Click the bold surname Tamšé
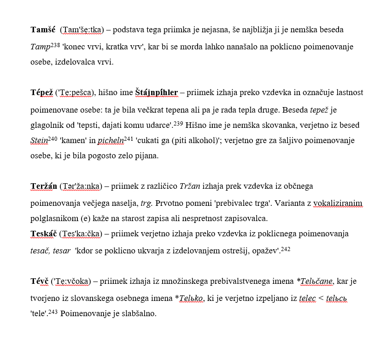[x=43, y=30]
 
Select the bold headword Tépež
[x=41, y=93]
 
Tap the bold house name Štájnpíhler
[x=156, y=93]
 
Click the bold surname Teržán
[x=43, y=186]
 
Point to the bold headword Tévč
[x=40, y=281]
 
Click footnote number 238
[x=55, y=45]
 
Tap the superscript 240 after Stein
[x=53, y=138]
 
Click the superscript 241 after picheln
[x=129, y=138]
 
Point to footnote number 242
[x=286, y=249]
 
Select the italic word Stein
[x=39, y=140]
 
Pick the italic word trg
[x=146, y=203]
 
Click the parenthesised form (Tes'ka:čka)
[x=80, y=234]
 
